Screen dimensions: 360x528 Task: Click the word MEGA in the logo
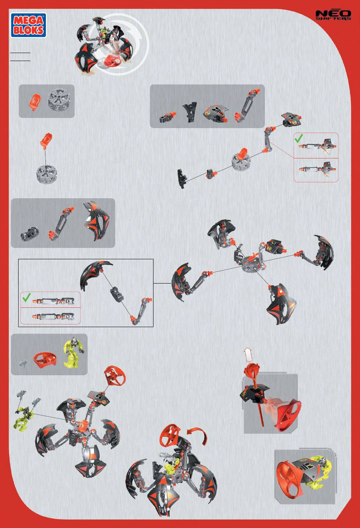[28, 20]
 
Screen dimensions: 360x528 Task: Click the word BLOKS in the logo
[28, 30]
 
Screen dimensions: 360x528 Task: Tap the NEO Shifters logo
[333, 15]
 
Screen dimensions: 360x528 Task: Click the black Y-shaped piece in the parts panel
[189, 111]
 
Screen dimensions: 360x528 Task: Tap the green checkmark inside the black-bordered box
[27, 297]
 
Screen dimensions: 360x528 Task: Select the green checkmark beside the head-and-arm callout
[299, 138]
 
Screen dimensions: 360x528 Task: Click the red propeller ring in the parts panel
[45, 359]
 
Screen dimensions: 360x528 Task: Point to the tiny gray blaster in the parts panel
[23, 363]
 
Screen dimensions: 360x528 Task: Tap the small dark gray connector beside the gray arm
[30, 234]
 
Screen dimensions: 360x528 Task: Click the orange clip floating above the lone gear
[46, 140]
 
